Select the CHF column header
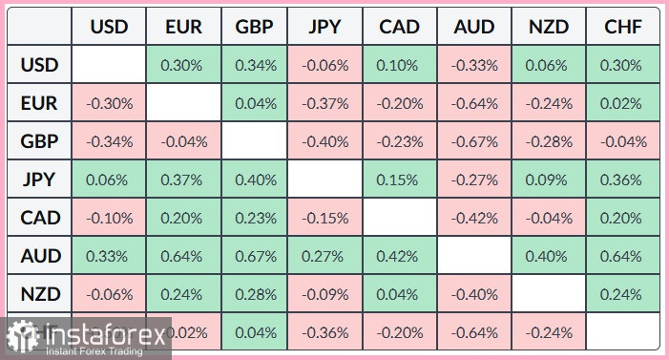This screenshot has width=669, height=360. pyautogui.click(x=622, y=26)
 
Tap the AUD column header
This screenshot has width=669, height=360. pyautogui.click(x=475, y=26)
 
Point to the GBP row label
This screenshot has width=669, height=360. pyautogui.click(x=40, y=142)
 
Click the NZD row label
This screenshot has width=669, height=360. pyautogui.click(x=40, y=294)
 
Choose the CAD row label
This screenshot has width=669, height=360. pyautogui.click(x=40, y=218)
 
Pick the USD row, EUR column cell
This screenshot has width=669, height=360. pyautogui.click(x=181, y=66)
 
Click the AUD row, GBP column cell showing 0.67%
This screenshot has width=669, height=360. pyautogui.click(x=255, y=256)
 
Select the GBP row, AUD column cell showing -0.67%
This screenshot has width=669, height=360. pyautogui.click(x=475, y=142)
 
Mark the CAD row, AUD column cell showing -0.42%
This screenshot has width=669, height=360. pyautogui.click(x=475, y=218)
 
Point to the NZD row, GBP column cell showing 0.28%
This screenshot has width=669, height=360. pyautogui.click(x=255, y=294)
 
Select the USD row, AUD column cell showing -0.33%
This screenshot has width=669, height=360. pyautogui.click(x=475, y=66)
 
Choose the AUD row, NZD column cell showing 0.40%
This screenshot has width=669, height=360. pyautogui.click(x=549, y=256)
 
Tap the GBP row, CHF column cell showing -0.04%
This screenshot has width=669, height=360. pyautogui.click(x=622, y=142)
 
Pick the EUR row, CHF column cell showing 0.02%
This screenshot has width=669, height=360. pyautogui.click(x=622, y=104)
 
